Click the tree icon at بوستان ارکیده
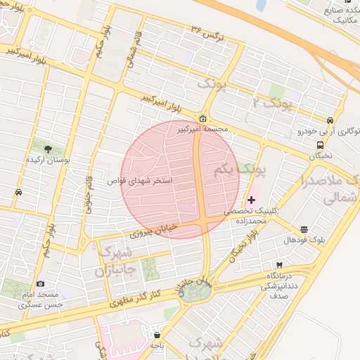coord(48,149)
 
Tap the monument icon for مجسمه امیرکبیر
coord(203,118)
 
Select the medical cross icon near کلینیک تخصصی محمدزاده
coord(252,200)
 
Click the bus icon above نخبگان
coord(320,145)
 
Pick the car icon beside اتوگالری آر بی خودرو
coord(330,120)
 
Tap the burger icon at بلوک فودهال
coord(304,230)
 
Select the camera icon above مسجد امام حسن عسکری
coord(40,283)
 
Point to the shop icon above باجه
coord(157,335)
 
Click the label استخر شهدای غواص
coord(140,181)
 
